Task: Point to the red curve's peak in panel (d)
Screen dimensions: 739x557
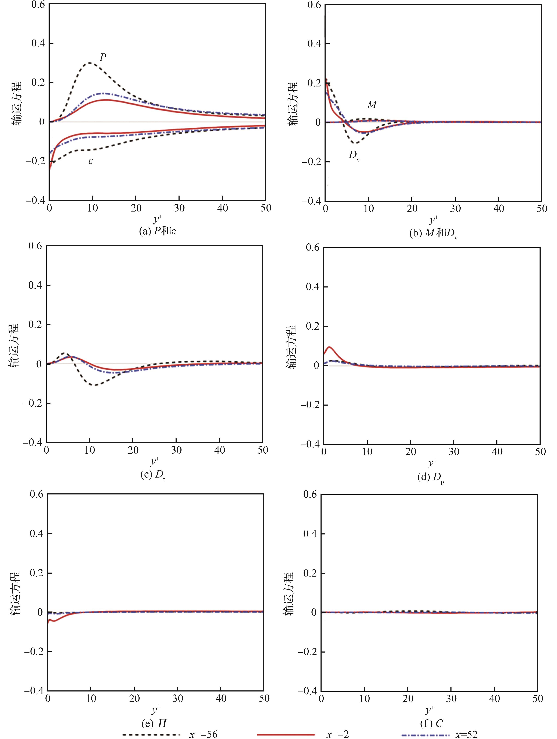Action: coord(329,347)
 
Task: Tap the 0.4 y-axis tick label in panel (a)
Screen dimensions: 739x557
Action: coord(38,43)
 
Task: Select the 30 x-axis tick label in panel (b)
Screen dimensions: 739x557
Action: coord(455,209)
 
